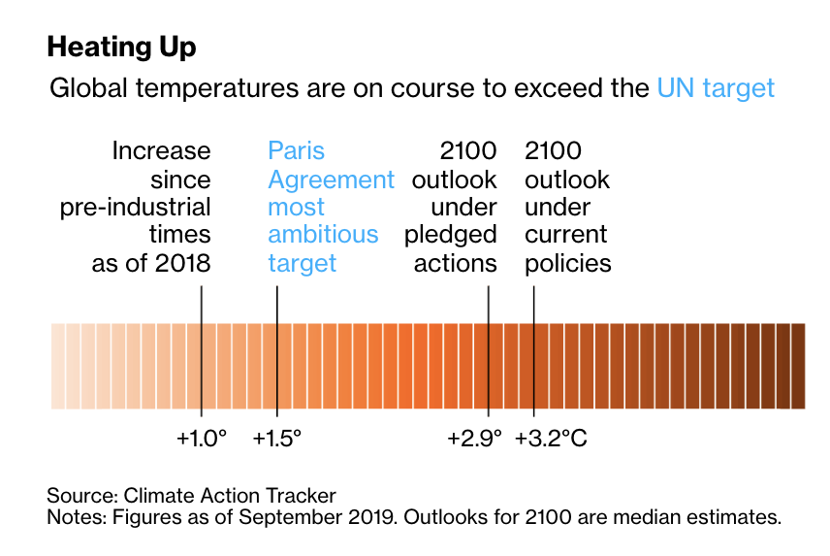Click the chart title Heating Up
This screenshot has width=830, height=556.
121,47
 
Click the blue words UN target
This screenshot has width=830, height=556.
716,89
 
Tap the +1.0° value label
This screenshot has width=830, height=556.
201,439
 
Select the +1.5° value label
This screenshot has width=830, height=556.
277,439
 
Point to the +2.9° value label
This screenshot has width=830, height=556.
475,439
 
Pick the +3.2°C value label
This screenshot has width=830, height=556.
551,439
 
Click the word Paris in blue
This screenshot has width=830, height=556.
296,151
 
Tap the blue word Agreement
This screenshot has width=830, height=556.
331,180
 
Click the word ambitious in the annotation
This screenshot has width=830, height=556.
323,235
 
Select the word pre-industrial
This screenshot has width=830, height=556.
135,208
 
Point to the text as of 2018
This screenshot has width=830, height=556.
150,263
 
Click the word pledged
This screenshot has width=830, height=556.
451,235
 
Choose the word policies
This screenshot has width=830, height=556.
567,263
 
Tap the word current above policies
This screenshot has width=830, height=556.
565,235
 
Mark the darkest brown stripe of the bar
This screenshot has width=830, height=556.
798,366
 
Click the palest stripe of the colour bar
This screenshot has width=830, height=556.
57,366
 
